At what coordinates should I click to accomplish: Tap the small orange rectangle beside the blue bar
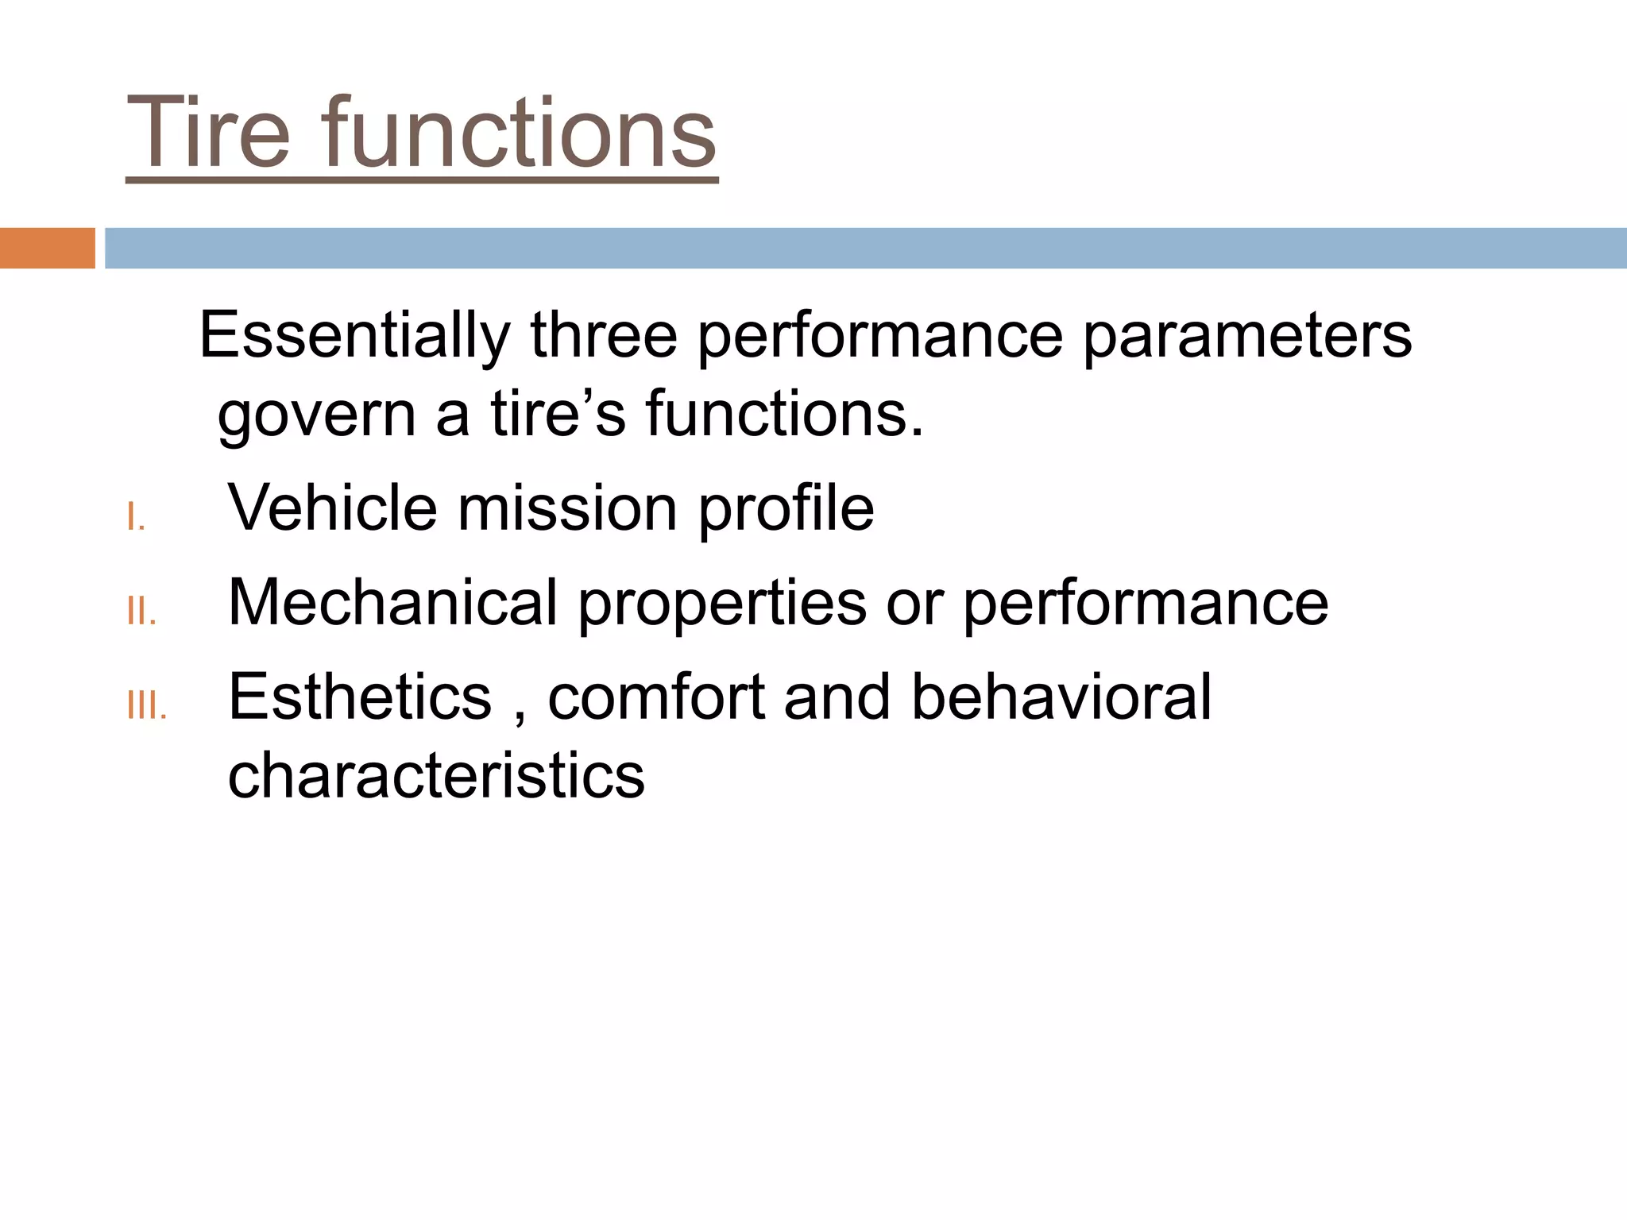[x=47, y=248]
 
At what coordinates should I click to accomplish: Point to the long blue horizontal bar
[x=865, y=248]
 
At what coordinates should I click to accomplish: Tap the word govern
[x=316, y=416]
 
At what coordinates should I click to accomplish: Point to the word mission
[x=567, y=508]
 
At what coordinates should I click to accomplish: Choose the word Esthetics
[x=360, y=697]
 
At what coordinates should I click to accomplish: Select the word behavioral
[x=1061, y=697]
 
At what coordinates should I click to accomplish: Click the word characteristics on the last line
[x=436, y=775]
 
